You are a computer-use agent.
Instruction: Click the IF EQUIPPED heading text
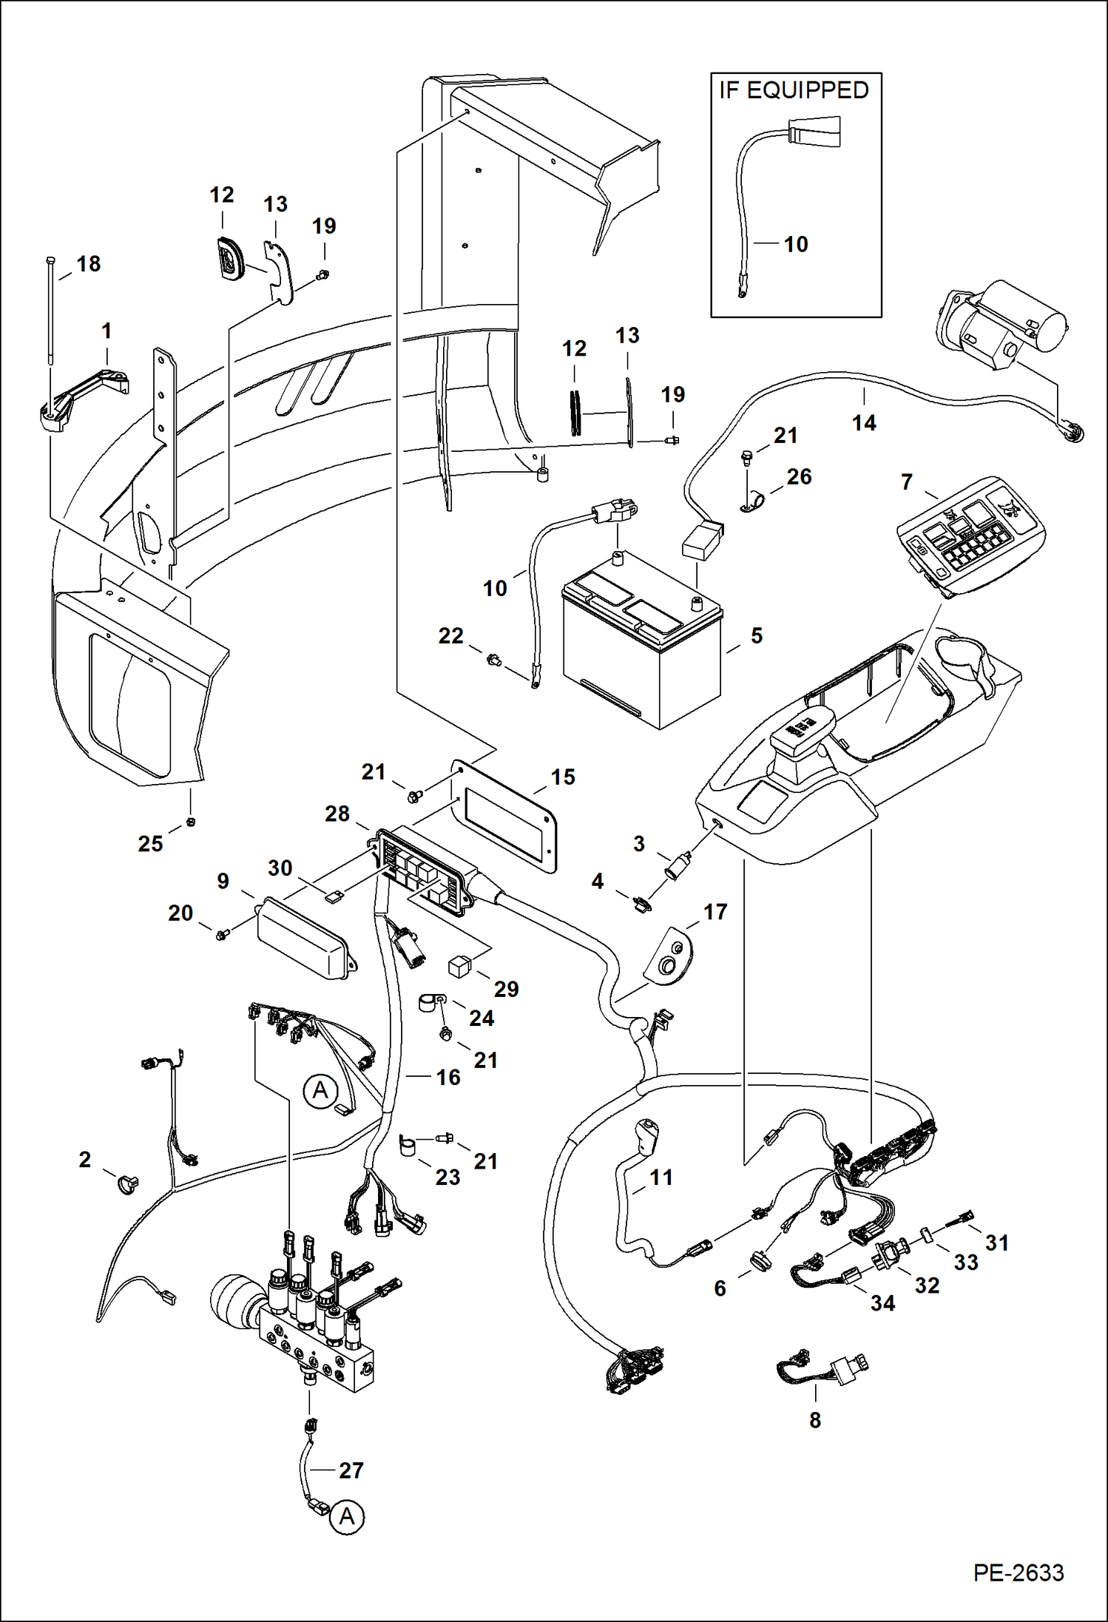(x=794, y=90)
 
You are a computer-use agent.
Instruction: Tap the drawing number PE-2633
(x=1018, y=1572)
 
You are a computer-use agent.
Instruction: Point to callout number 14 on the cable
(x=863, y=422)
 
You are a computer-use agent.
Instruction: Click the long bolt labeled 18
(x=50, y=311)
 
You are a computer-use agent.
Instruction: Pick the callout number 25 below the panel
(x=150, y=843)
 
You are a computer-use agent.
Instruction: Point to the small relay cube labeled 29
(x=459, y=967)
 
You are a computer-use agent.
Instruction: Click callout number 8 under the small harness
(x=814, y=1419)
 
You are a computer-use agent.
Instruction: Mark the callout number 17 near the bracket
(x=715, y=911)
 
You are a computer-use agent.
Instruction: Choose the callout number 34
(x=882, y=1302)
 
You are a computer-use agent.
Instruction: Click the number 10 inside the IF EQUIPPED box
(x=796, y=244)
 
